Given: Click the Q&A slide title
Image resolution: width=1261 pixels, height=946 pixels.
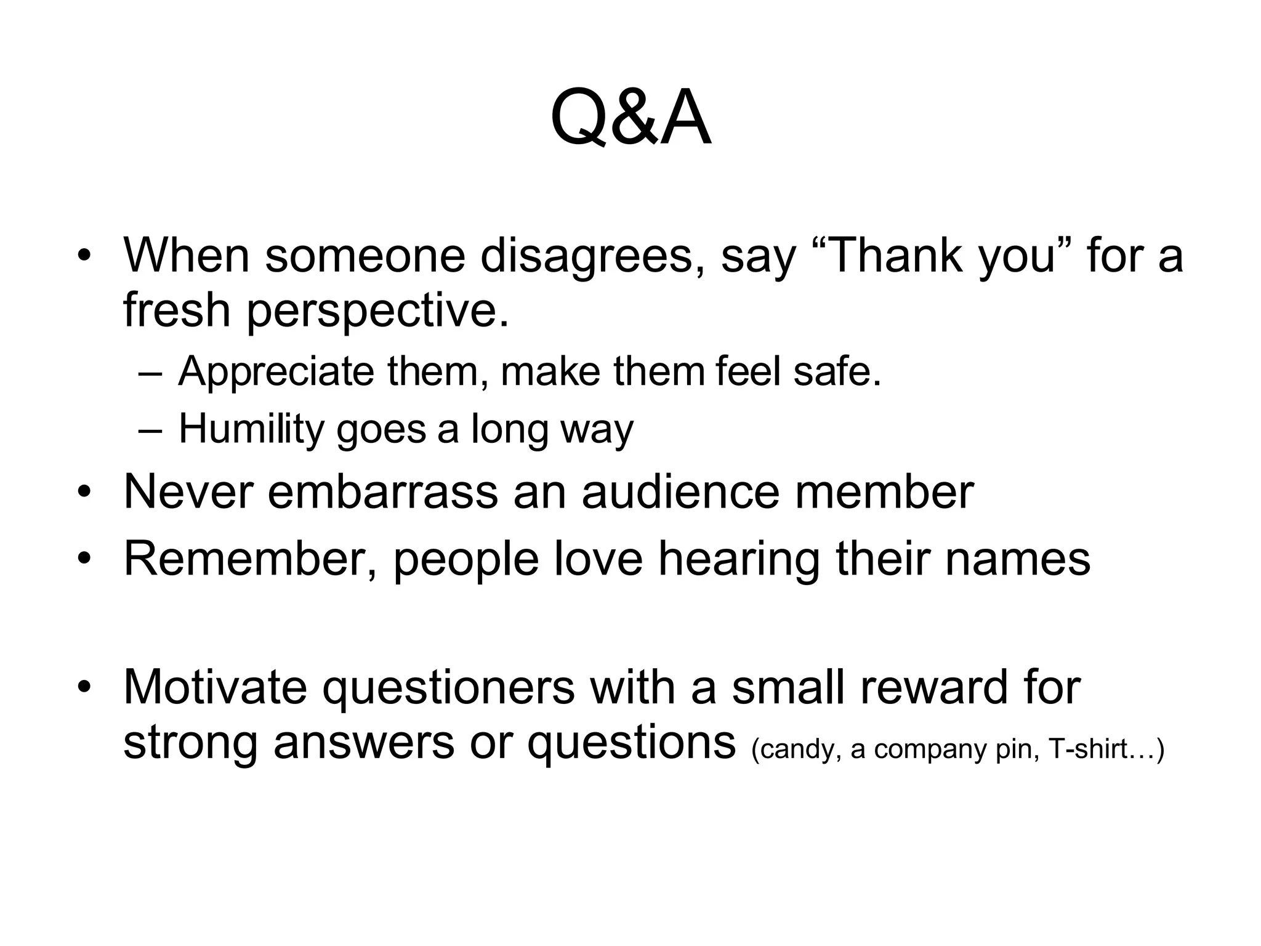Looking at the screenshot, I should (630, 118).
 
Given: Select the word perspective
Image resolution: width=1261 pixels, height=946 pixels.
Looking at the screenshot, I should (377, 311).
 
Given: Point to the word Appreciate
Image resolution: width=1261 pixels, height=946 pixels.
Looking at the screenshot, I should (276, 372).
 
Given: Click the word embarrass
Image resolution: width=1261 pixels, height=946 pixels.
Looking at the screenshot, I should (383, 492).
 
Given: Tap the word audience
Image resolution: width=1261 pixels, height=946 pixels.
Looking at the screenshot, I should (680, 492).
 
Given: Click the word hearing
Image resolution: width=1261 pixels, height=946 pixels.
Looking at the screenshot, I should (739, 559).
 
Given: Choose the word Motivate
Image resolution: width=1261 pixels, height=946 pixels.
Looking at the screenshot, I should (215, 687).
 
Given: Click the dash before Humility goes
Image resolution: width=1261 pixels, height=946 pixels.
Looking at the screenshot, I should (150, 430).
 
